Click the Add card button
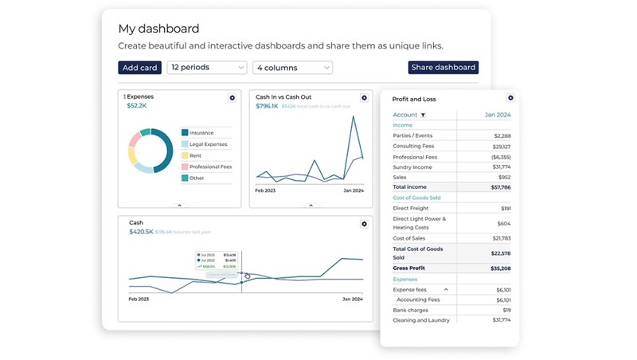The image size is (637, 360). [139, 68]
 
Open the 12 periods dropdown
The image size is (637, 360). [206, 68]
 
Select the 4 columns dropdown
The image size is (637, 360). [292, 68]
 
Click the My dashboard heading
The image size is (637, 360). [158, 29]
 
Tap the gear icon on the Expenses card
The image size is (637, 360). [233, 98]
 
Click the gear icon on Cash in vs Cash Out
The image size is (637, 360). [364, 98]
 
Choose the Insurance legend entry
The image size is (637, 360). [201, 133]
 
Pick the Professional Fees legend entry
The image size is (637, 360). [209, 166]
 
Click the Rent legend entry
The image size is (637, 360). [195, 155]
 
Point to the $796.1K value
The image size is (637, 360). [267, 106]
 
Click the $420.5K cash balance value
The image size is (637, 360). [141, 232]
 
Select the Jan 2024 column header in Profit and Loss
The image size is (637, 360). [498, 115]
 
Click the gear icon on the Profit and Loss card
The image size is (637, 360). [510, 99]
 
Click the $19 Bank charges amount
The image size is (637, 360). [506, 310]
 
